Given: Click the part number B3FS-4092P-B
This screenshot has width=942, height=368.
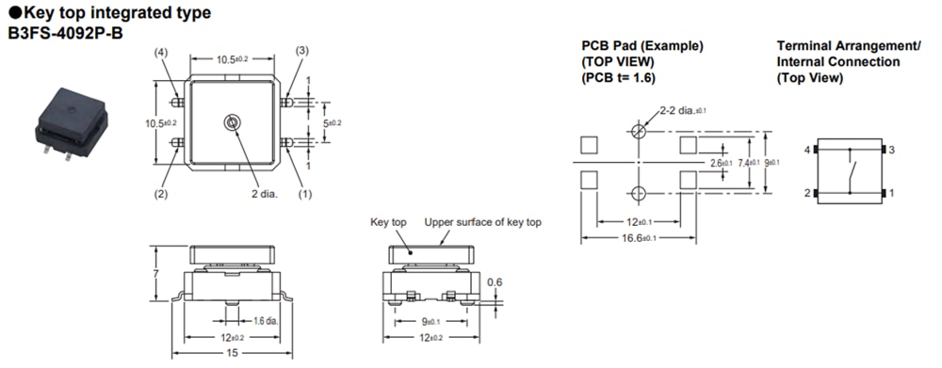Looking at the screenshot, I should coord(66,34).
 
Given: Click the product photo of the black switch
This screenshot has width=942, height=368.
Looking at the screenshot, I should coord(71,120).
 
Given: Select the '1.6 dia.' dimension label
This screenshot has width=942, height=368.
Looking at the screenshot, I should coord(265,321).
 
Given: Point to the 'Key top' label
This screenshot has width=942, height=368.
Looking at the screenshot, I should coord(387,223).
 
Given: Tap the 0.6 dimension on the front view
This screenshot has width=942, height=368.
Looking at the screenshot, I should coord(495,281).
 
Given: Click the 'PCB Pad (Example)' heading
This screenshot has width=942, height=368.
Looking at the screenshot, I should coord(642,46).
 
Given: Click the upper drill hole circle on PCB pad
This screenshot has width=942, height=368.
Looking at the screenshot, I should coord(639,131).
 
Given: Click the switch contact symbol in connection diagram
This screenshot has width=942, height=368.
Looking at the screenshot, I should coord(851,173).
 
